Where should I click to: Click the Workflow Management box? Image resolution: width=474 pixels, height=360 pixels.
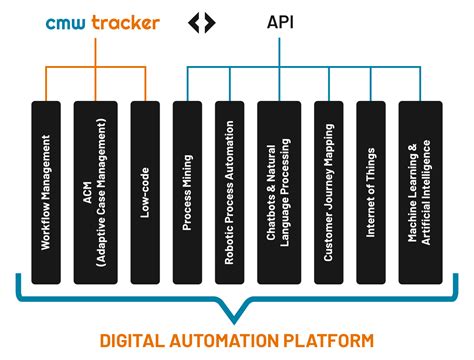point(47,190)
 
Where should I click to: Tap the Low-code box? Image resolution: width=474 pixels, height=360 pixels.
point(145,190)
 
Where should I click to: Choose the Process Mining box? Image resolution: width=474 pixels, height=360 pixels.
point(187,190)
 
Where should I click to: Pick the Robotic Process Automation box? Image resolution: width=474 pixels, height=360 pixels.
point(229,190)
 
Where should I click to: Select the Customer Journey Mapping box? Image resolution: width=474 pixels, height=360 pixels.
point(328,190)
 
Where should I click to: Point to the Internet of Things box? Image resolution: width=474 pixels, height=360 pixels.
point(370,190)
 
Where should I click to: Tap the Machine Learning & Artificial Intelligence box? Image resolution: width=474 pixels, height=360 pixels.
point(419,190)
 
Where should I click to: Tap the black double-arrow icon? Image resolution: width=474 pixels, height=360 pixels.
point(202,22)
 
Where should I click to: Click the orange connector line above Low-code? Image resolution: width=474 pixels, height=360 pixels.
point(146,85)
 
